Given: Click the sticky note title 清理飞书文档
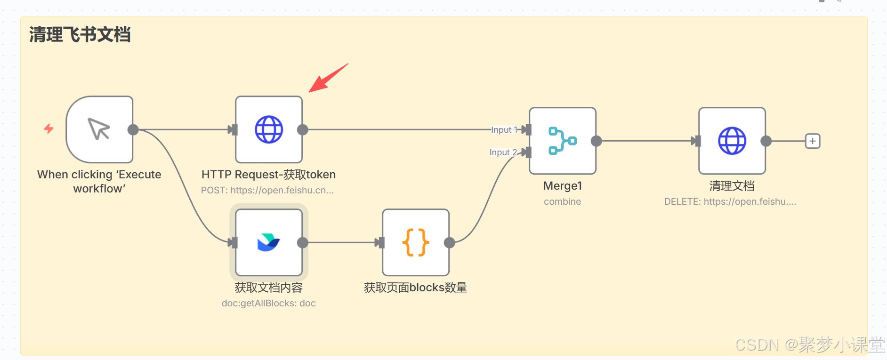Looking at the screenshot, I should (x=80, y=35).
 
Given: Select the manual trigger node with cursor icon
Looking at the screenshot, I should (x=99, y=129).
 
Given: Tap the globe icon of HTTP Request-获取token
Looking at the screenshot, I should (x=269, y=129).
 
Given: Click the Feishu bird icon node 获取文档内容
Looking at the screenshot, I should (x=269, y=242).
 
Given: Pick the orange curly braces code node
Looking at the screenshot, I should (x=416, y=242).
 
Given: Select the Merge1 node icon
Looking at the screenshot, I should (x=563, y=141).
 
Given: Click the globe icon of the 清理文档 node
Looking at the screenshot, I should (x=732, y=141).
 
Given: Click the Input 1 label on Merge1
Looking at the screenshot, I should (x=504, y=130).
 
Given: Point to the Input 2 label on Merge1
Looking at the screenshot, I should (x=503, y=152).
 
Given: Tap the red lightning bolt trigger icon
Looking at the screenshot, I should (x=48, y=128).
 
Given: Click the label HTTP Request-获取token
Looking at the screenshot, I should (x=268, y=175).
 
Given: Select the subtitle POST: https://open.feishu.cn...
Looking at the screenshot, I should (x=267, y=191).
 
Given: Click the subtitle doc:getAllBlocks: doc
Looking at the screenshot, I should (x=268, y=304).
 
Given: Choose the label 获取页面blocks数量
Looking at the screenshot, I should (x=415, y=288).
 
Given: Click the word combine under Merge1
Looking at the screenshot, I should (x=562, y=202).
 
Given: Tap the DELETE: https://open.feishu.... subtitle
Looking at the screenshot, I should (x=730, y=202).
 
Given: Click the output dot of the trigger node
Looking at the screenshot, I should (x=133, y=129).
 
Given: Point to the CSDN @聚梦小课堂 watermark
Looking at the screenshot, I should (x=810, y=345).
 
